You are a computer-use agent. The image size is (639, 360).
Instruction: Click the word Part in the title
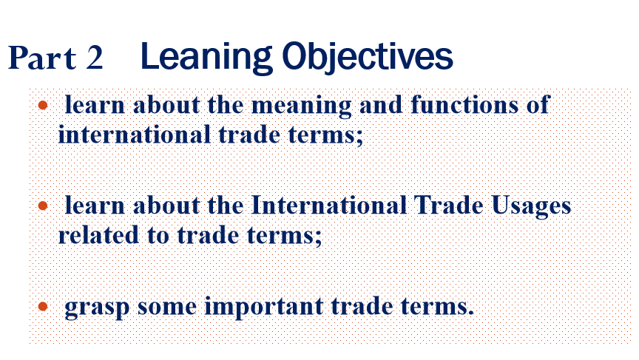pos(42,58)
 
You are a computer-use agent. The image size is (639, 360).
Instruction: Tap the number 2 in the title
pos(94,58)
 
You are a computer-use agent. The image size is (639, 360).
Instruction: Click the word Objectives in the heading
pos(367,58)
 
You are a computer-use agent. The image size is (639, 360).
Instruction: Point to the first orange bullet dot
pos(43,106)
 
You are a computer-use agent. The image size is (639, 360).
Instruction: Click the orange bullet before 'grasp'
pos(43,306)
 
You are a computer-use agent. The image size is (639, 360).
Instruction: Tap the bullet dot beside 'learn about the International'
pos(43,206)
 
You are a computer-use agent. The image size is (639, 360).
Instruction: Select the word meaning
pos(302,106)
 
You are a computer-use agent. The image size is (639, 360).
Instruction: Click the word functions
pos(464,105)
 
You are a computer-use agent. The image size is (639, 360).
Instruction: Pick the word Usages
pos(532,206)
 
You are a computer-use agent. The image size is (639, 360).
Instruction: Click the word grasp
pos(97,308)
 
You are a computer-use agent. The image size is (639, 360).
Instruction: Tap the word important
pos(264,307)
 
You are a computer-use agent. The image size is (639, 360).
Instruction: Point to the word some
pos(166,307)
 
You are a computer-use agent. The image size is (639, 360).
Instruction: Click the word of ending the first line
pos(538,105)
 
